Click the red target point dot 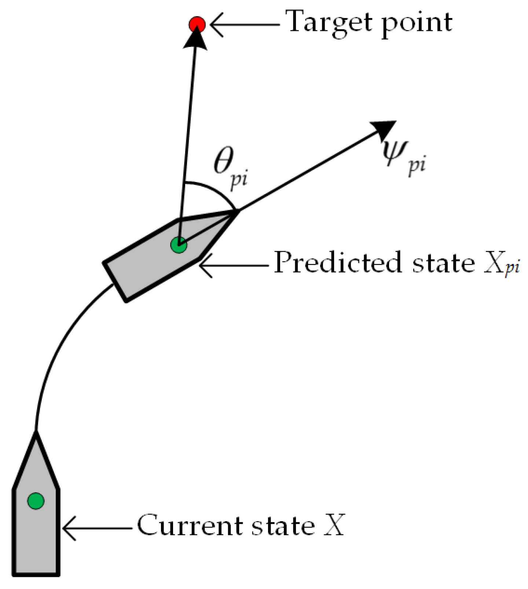(197, 25)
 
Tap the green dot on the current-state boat (36, 501)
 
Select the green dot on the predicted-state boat (179, 245)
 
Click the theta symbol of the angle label (224, 161)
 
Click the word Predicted (337, 263)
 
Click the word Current (189, 526)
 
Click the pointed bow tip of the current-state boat (36, 434)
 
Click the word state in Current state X (283, 526)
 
